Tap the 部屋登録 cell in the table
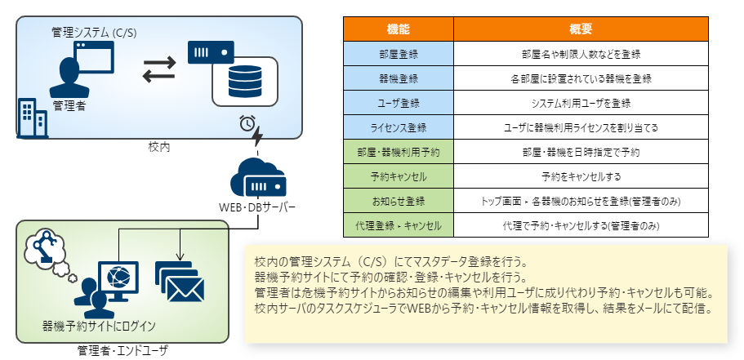pos(398,54)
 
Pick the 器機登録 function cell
pos(398,78)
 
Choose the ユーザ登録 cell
pos(398,103)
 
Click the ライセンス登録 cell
pos(398,127)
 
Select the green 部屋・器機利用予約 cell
pos(398,152)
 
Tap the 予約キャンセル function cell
pos(398,176)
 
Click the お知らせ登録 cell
pos(398,201)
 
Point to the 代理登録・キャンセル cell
pos(398,224)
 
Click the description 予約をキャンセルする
pos(580,176)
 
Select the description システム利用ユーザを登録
pos(580,103)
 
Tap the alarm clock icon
pos(247,123)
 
